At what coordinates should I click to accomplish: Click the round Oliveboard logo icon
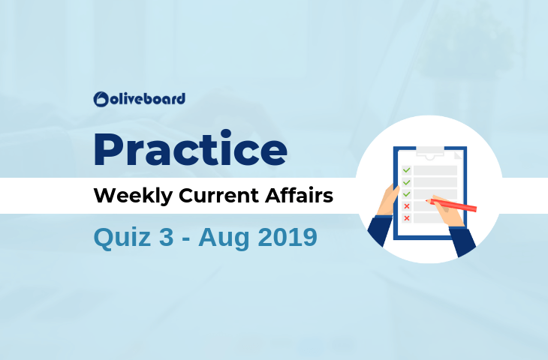pyautogui.click(x=101, y=99)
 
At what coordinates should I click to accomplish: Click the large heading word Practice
pyautogui.click(x=191, y=148)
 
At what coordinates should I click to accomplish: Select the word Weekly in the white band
pyautogui.click(x=133, y=196)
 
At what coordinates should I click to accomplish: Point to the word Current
pyautogui.click(x=219, y=196)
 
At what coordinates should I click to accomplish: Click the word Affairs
pyautogui.click(x=300, y=195)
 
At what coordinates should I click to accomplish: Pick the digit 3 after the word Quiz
pyautogui.click(x=167, y=237)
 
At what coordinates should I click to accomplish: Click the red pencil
pyautogui.click(x=451, y=205)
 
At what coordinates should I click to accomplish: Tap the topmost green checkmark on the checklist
pyautogui.click(x=406, y=170)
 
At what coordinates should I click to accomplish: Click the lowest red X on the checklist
pyautogui.click(x=406, y=218)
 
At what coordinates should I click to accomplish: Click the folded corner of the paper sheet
pyautogui.click(x=458, y=155)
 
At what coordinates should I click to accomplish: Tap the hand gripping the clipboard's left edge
pyautogui.click(x=387, y=200)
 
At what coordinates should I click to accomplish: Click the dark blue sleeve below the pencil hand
pyautogui.click(x=462, y=241)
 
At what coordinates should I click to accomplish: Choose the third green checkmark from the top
pyautogui.click(x=406, y=194)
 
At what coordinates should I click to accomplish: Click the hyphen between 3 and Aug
pyautogui.click(x=186, y=239)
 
